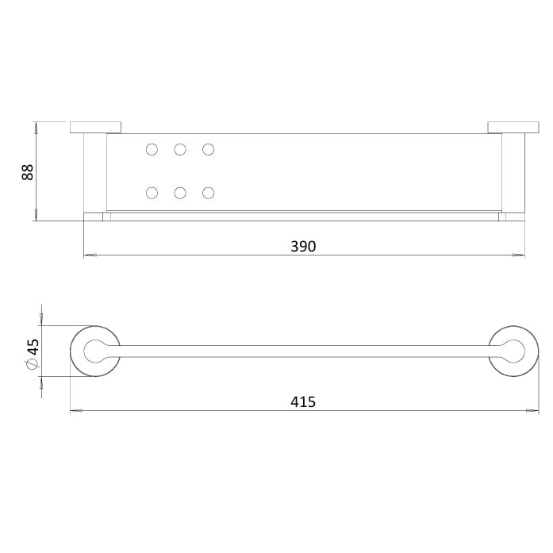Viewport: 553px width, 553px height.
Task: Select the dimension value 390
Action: pos(303,246)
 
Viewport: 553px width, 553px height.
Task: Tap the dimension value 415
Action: pos(303,401)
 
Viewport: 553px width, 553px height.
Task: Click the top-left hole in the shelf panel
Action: pos(152,149)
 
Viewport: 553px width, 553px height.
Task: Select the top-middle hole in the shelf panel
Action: pos(180,149)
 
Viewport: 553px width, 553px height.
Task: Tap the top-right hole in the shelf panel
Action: pos(208,149)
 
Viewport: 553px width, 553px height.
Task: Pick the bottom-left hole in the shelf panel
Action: pos(152,193)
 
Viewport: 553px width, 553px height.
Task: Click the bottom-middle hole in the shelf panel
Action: pos(180,193)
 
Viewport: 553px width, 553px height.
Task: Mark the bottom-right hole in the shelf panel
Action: pos(208,193)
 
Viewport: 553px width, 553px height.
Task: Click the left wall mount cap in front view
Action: pos(95,127)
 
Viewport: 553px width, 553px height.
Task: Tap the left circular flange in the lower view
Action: pos(95,351)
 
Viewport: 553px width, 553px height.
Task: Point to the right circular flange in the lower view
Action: pos(513,351)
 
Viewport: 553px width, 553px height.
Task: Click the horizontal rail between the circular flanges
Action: pos(303,351)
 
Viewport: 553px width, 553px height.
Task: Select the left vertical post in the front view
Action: pos(94,172)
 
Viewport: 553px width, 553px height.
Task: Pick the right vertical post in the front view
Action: pos(513,172)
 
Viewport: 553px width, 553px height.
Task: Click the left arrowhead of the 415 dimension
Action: pos(75,411)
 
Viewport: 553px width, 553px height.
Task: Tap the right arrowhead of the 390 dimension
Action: pos(520,255)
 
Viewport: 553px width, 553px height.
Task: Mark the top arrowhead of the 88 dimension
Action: pos(36,125)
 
